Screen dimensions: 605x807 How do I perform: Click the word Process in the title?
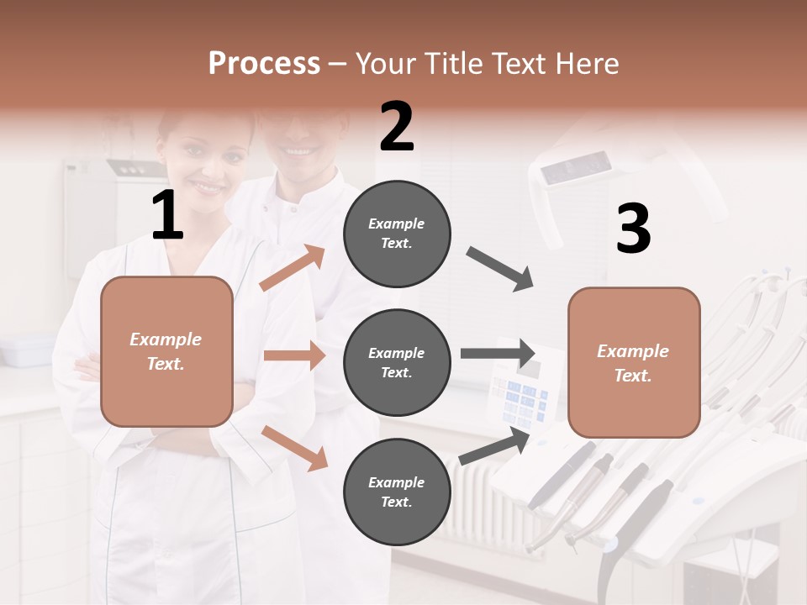pos(264,63)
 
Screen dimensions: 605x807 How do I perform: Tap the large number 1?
pos(167,216)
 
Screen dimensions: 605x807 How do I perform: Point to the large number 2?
pos(397,127)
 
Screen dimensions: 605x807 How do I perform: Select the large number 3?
pos(633,229)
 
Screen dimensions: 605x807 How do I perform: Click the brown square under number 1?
pos(166,351)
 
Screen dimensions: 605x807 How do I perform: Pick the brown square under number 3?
pos(634,362)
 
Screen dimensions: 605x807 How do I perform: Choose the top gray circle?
pos(397,234)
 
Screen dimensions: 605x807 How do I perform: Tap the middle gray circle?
pos(397,362)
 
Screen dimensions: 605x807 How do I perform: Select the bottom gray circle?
pos(397,492)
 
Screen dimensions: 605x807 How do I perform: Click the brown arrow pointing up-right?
pos(293,268)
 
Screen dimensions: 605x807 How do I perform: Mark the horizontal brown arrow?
pos(294,355)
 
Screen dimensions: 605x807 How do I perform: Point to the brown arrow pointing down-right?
pos(294,448)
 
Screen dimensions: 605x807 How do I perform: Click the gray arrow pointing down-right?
pos(500,269)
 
